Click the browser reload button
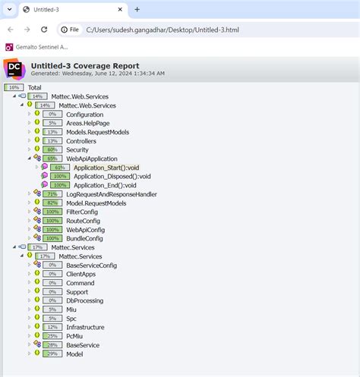[44, 29]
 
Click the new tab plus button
[137, 9]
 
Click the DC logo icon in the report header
[14, 69]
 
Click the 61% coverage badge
[60, 168]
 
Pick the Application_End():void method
[105, 185]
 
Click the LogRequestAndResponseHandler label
[112, 194]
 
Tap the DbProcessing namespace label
[84, 300]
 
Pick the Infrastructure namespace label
[85, 327]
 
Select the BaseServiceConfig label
[92, 265]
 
